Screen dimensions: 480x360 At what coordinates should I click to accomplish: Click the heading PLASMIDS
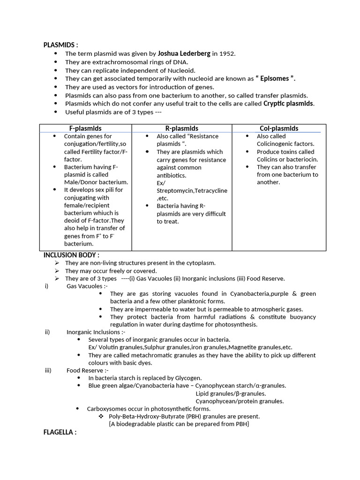[x=60, y=45]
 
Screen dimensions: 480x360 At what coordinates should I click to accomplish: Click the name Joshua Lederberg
[x=184, y=53]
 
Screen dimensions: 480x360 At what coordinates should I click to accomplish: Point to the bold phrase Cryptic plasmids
[x=288, y=104]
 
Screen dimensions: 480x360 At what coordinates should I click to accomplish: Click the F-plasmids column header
[x=85, y=128]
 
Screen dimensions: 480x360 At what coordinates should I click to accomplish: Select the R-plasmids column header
[x=182, y=128]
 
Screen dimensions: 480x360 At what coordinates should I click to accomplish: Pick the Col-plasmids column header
[x=279, y=128]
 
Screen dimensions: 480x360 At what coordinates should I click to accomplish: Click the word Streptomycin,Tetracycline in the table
[x=192, y=190]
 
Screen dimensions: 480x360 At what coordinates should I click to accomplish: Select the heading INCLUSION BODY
[x=71, y=255]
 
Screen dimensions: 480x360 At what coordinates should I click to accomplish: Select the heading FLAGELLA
[x=60, y=432]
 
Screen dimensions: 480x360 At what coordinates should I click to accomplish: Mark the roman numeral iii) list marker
[x=48, y=370]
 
